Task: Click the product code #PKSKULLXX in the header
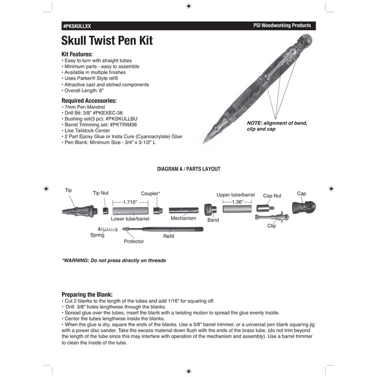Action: pyautogui.click(x=77, y=26)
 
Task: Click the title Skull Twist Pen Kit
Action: pyautogui.click(x=107, y=41)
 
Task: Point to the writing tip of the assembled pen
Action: pyautogui.click(x=205, y=140)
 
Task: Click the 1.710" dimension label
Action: pyautogui.click(x=130, y=202)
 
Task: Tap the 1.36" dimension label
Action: pyautogui.click(x=238, y=202)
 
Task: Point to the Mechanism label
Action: pyautogui.click(x=183, y=219)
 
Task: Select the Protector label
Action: pyautogui.click(x=134, y=241)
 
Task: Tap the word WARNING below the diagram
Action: pyautogui.click(x=76, y=260)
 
